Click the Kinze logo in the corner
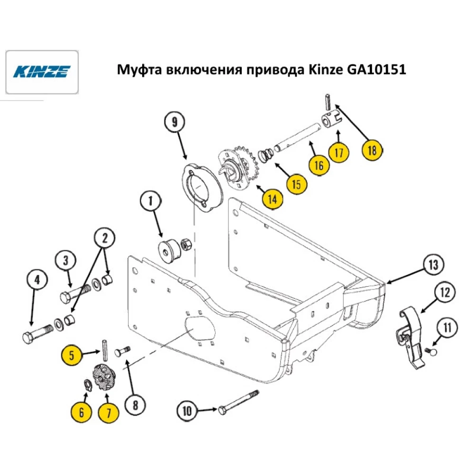click(42, 72)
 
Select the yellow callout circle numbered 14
click(272, 199)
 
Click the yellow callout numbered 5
click(72, 355)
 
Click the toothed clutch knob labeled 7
click(105, 377)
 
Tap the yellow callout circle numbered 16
click(319, 165)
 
